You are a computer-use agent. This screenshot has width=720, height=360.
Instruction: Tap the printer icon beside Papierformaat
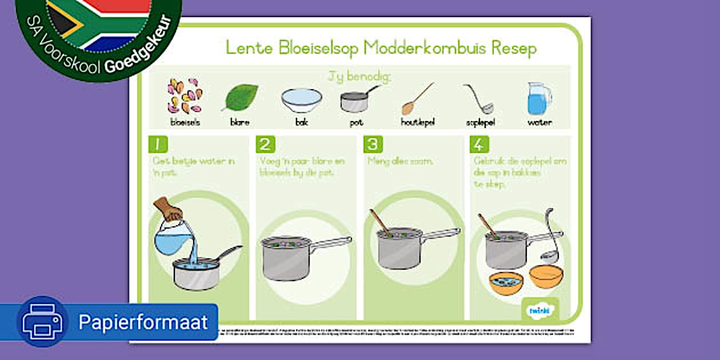tap(43, 322)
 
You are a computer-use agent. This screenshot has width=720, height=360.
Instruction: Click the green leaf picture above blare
tap(241, 97)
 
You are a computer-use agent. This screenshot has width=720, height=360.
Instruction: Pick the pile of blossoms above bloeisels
tap(184, 96)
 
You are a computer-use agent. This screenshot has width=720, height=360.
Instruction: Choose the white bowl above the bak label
tap(301, 100)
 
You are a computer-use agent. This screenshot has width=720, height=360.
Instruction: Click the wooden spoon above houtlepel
tap(418, 99)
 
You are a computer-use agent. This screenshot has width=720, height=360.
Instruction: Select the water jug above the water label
tap(539, 98)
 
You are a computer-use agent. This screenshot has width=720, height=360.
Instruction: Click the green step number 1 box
tap(158, 145)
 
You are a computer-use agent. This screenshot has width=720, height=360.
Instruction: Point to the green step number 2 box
tap(265, 145)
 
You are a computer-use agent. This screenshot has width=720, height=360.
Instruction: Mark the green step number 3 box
tap(373, 145)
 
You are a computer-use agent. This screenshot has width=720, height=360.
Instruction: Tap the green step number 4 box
tap(479, 145)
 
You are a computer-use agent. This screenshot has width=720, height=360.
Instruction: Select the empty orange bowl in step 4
tap(546, 276)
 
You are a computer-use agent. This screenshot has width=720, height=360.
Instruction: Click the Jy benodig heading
tap(359, 77)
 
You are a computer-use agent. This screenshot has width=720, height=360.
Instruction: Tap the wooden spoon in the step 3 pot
tap(380, 222)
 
